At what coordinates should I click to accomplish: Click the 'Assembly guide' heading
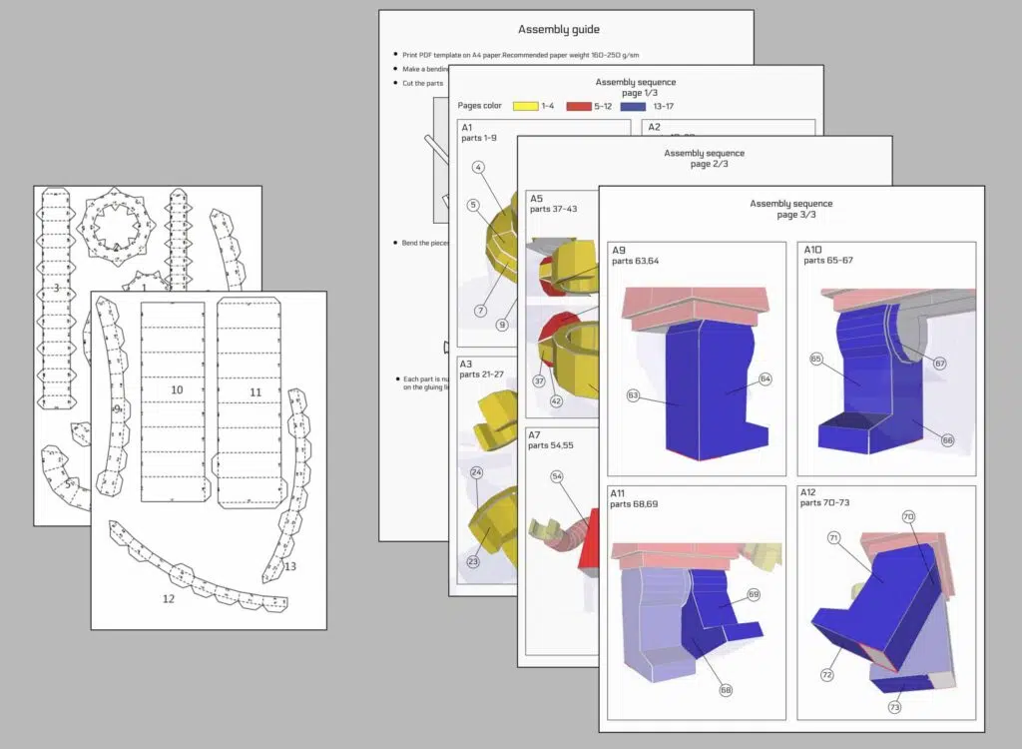point(566,31)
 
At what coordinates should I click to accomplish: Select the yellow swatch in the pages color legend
point(526,105)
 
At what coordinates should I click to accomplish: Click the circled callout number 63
point(634,396)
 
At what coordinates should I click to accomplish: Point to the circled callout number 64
point(766,379)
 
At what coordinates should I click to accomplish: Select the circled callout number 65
point(817,359)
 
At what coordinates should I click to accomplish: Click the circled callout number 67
point(939,364)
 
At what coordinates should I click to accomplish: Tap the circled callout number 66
point(947,439)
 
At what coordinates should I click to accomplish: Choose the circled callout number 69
point(754,594)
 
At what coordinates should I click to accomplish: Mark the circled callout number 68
point(726,689)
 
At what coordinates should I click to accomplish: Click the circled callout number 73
point(893,707)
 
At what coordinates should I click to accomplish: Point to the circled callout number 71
point(833,538)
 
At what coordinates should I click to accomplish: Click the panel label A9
point(620,251)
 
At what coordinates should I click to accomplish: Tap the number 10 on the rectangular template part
point(177,389)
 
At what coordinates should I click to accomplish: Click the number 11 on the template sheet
point(255,392)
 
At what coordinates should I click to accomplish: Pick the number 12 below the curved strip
point(168,599)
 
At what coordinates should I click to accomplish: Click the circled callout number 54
point(557,477)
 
